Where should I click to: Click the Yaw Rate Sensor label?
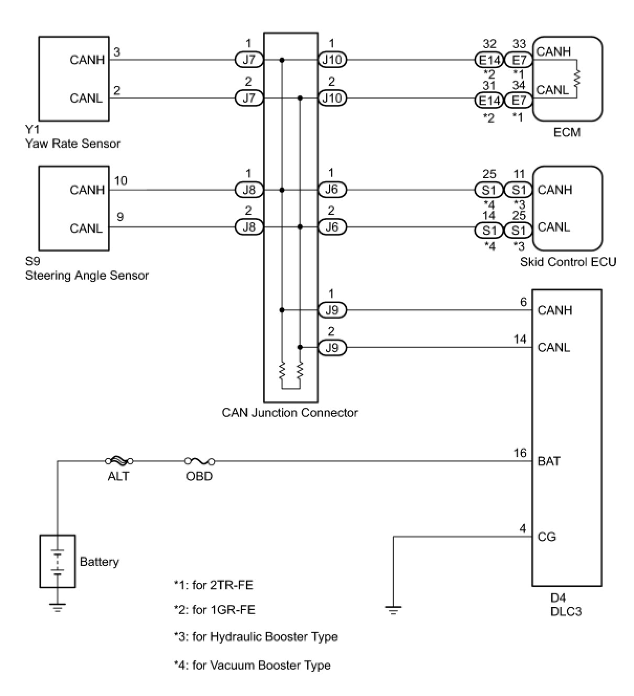coord(72,143)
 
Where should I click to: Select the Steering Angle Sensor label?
coord(86,275)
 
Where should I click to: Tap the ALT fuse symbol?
coord(119,461)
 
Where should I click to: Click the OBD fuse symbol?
coord(200,461)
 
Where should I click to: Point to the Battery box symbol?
coord(58,561)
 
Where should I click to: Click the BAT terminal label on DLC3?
coord(549,461)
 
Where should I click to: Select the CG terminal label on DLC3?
coord(546,537)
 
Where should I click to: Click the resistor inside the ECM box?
coord(577,79)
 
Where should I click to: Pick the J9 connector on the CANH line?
coord(332,310)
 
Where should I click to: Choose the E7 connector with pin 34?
coord(518,100)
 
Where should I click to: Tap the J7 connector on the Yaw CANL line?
coord(249,98)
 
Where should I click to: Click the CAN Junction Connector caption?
coord(290,412)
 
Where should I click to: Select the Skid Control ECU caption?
coord(568,262)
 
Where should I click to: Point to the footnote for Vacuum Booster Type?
coord(252,665)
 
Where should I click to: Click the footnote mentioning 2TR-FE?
coord(213,584)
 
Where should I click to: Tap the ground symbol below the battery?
coord(58,608)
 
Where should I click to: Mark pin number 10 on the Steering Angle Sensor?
coord(121,181)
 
